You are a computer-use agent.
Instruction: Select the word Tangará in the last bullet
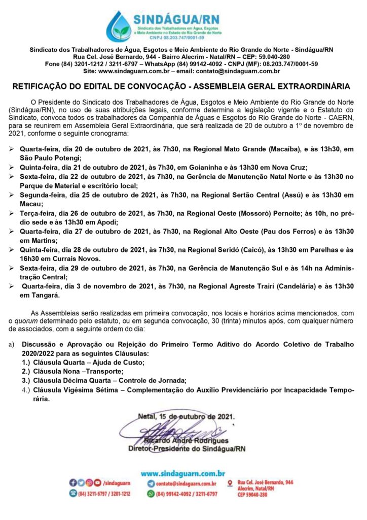coord(45,295)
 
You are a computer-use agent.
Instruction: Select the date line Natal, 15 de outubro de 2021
coord(187,416)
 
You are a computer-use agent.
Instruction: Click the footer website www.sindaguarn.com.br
coord(183,473)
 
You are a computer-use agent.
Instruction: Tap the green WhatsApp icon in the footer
coord(151,493)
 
